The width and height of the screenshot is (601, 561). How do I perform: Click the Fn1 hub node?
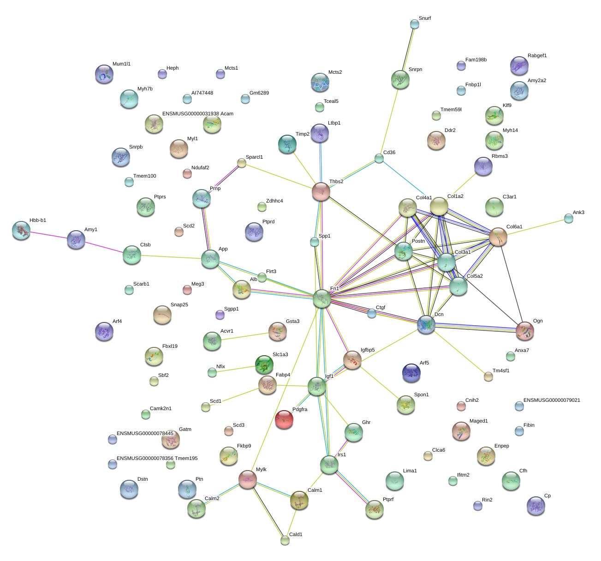click(x=322, y=298)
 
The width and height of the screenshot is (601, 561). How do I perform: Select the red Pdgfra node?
click(x=284, y=419)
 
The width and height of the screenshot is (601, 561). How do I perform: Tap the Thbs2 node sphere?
click(x=321, y=191)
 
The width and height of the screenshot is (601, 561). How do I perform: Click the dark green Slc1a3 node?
click(x=264, y=364)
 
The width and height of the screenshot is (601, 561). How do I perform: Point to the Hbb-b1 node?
click(x=21, y=230)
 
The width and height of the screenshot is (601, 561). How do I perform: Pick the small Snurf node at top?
click(x=414, y=24)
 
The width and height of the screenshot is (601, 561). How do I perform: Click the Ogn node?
click(x=524, y=331)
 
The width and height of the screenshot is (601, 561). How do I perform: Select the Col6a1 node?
click(x=498, y=237)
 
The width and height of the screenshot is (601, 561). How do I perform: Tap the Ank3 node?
click(x=569, y=218)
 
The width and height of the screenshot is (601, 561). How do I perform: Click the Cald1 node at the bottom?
click(x=285, y=540)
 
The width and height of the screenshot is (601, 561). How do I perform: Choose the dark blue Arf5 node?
click(x=411, y=373)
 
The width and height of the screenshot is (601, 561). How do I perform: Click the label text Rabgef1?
click(x=537, y=56)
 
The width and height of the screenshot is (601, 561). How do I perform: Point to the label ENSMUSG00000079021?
click(x=552, y=400)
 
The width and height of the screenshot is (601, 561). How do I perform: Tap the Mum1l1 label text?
click(x=121, y=64)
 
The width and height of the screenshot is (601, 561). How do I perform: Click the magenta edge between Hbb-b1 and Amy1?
click(x=48, y=235)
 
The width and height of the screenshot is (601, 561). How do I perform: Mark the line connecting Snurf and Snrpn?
click(x=407, y=51)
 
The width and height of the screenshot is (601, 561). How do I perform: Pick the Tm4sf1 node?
click(x=488, y=376)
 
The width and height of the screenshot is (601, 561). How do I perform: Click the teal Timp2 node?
click(x=287, y=144)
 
